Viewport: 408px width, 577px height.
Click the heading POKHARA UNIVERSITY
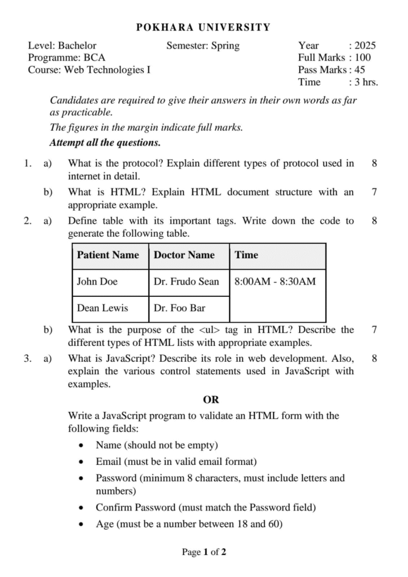[203, 27]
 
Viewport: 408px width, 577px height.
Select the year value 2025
[365, 46]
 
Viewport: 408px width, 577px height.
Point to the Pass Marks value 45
[360, 70]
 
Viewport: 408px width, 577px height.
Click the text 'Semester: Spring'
[203, 46]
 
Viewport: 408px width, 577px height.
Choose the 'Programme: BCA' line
[66, 57]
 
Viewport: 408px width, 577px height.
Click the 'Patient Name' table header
[108, 255]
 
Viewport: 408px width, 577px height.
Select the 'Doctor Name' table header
[184, 255]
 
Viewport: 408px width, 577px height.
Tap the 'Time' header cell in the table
[246, 255]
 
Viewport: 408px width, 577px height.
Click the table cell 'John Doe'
[97, 282]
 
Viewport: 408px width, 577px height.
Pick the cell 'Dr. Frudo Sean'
[187, 282]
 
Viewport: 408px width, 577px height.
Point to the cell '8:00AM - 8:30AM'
[275, 282]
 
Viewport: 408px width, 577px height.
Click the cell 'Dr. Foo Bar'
[180, 308]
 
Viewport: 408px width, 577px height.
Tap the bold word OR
[211, 400]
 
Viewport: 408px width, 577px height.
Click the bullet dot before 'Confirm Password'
[82, 508]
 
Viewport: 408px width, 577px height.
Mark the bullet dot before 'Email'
[82, 463]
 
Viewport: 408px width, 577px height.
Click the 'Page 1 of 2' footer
[204, 552]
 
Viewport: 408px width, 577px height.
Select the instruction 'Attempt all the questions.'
[105, 142]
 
